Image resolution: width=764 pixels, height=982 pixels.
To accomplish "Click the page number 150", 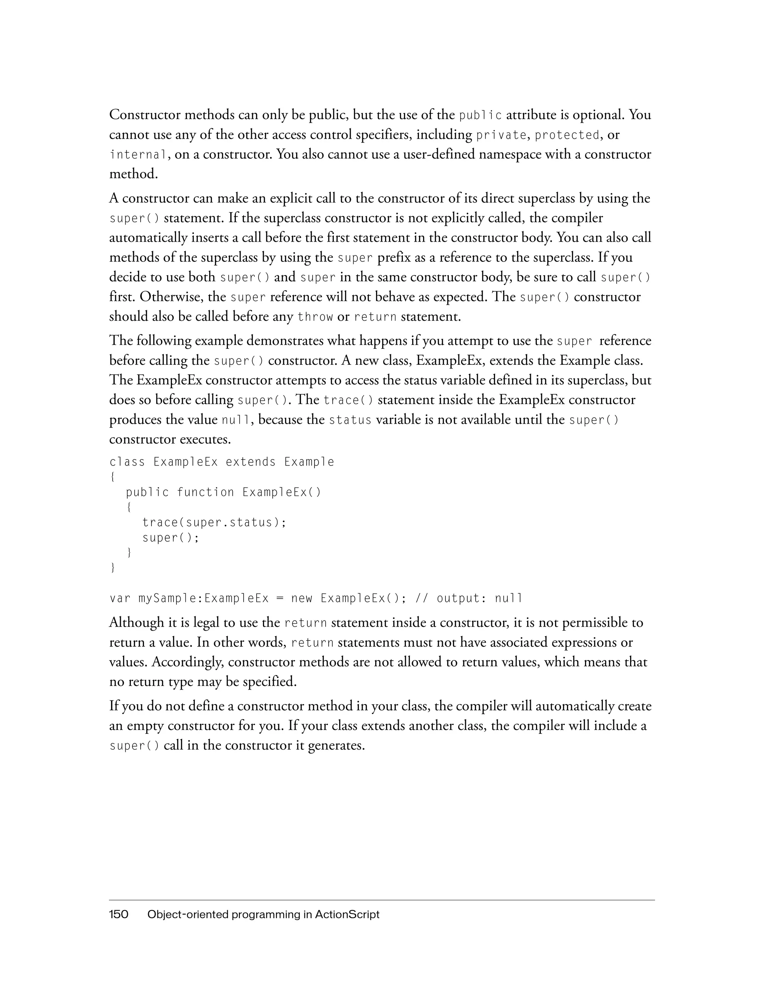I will click(x=119, y=914).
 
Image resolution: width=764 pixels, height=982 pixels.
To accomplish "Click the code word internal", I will click(x=138, y=155).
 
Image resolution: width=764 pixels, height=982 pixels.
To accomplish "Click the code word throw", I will click(x=315, y=317).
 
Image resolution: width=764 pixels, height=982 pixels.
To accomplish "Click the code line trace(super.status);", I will click(x=214, y=523).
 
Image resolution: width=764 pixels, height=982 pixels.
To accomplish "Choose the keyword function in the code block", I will click(x=205, y=492).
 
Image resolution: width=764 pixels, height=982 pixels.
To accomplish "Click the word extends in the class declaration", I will click(x=250, y=462).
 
